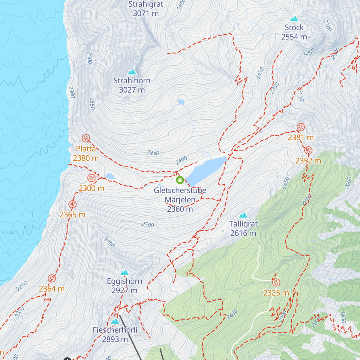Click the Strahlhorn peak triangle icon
click(132, 72)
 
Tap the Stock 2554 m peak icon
click(294, 19)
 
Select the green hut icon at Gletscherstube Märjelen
click(180, 180)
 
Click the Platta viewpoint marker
click(86, 138)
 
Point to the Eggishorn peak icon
click(124, 272)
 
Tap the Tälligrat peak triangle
click(243, 215)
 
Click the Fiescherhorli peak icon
click(115, 322)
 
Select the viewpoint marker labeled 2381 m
click(301, 127)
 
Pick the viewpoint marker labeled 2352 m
click(308, 150)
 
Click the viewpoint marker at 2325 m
click(276, 282)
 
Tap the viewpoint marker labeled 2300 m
click(91, 178)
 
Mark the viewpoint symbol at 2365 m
click(72, 205)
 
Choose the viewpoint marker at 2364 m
click(52, 278)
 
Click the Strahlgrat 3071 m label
click(146, 9)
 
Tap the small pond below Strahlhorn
click(181, 102)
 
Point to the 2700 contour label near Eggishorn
click(109, 242)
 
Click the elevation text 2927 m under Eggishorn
click(124, 290)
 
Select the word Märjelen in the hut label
click(180, 199)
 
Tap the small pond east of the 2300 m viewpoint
click(110, 176)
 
